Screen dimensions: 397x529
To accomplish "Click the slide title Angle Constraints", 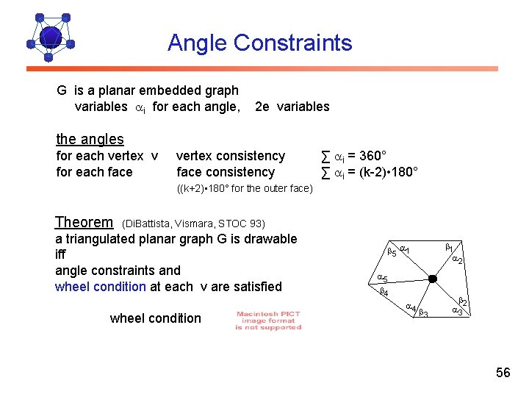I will click(x=259, y=43).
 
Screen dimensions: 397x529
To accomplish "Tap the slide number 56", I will click(x=503, y=373).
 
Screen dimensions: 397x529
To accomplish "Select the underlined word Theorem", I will click(x=84, y=222).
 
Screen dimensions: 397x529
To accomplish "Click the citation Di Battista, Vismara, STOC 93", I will click(x=193, y=223).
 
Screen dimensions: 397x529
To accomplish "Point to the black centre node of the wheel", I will click(x=433, y=279).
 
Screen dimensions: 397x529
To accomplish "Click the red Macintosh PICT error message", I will click(x=268, y=321).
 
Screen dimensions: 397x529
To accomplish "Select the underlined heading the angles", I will click(x=90, y=139).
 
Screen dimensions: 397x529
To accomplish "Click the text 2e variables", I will click(x=292, y=107).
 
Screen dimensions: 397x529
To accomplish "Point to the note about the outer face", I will click(x=245, y=189).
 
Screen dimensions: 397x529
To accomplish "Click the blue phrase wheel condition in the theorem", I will click(x=101, y=286).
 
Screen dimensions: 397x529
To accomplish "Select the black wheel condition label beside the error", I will click(x=155, y=318).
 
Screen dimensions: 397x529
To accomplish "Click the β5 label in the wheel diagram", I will click(x=392, y=253).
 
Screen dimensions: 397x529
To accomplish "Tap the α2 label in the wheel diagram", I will click(x=456, y=260).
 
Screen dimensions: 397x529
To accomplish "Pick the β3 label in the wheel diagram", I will click(x=423, y=314).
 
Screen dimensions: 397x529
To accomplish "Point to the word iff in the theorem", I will click(x=61, y=254).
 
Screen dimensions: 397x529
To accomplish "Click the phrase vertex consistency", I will click(x=231, y=156).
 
